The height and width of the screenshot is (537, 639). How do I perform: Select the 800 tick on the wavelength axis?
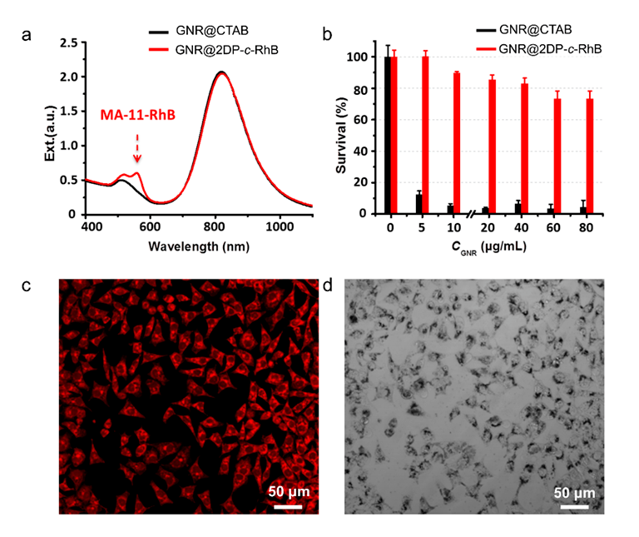(x=217, y=226)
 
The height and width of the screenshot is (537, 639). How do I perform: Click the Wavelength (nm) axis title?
(x=198, y=246)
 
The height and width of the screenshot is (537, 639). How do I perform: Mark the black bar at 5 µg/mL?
(x=419, y=204)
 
